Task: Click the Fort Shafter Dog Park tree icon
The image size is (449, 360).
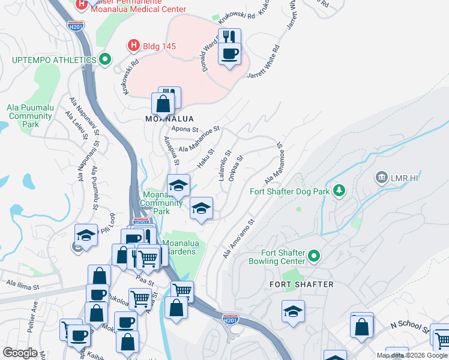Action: [x=339, y=191]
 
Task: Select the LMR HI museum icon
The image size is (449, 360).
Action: [x=381, y=178]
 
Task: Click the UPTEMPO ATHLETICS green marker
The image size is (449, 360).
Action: [x=106, y=60]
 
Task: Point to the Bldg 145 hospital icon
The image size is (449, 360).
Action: [x=134, y=45]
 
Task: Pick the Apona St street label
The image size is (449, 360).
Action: [x=184, y=129]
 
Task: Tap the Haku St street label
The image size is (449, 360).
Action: [x=206, y=159]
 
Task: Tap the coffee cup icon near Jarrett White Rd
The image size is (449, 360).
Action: [x=229, y=55]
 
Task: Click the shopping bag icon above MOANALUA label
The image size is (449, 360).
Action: [x=163, y=104]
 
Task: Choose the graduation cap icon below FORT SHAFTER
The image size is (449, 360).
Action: [x=293, y=311]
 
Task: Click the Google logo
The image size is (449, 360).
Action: [x=20, y=353]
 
